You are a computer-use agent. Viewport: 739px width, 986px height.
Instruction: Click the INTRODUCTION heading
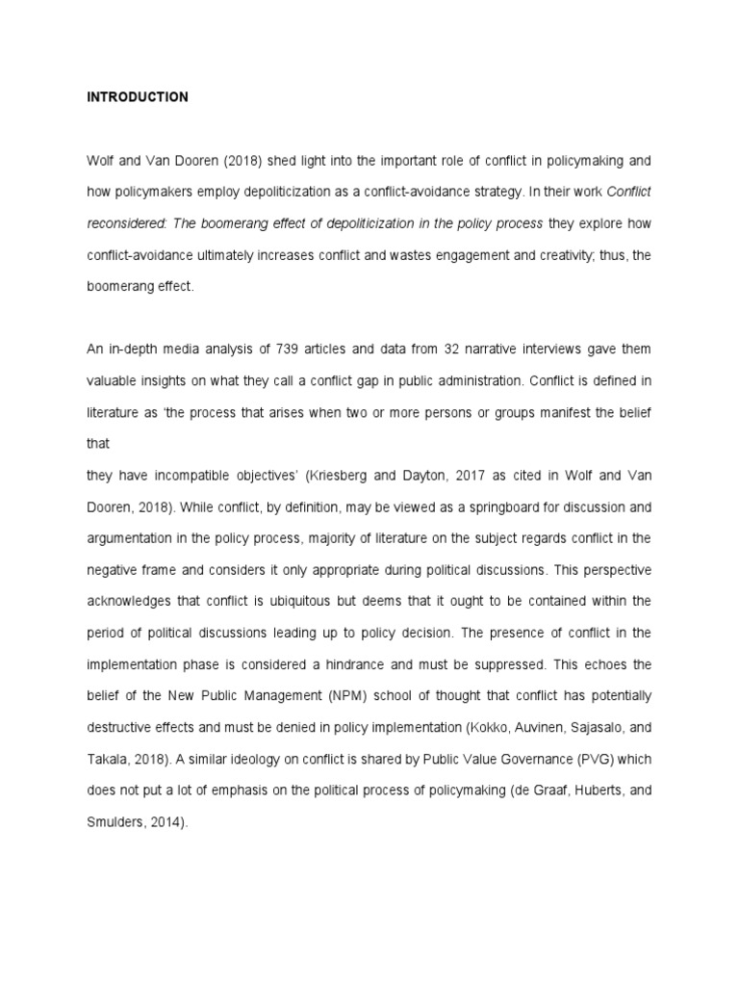pos(138,97)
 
